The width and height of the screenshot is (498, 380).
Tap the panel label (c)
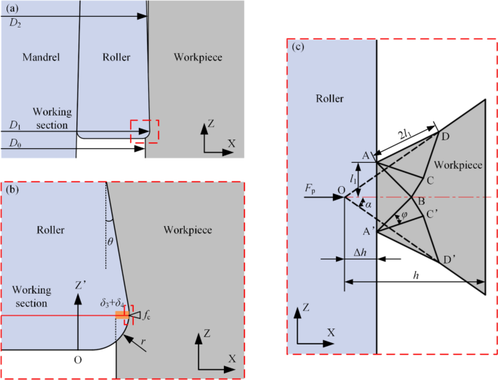(x=298, y=47)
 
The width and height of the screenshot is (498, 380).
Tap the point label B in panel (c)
(x=417, y=201)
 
